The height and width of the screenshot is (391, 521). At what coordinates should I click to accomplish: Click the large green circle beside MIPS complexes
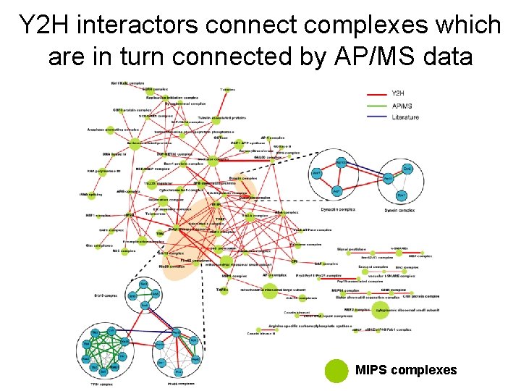pyautogui.click(x=334, y=370)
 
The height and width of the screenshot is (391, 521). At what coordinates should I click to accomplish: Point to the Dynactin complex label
pyautogui.click(x=339, y=210)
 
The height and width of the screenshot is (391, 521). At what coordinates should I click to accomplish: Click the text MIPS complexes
pyautogui.click(x=406, y=370)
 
